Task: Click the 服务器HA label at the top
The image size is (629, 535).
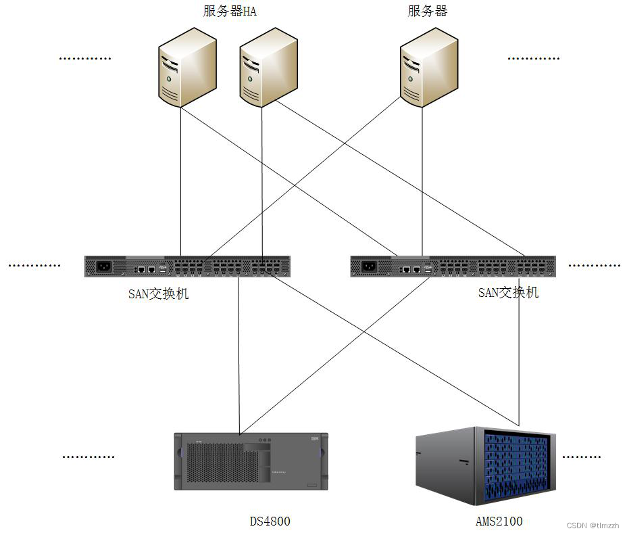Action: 230,11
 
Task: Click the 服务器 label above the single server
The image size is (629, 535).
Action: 428,11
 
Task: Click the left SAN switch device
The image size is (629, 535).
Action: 187,266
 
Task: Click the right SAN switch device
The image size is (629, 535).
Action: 453,266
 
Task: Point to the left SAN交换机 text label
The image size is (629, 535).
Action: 158,294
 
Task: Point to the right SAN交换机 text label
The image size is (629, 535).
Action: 508,292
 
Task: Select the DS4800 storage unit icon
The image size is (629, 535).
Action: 250,461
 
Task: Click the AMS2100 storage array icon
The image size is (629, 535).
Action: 484,467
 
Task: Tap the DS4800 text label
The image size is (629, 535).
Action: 270,521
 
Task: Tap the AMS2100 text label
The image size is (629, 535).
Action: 499,521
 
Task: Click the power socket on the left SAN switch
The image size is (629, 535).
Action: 103,266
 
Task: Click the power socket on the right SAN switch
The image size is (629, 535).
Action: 369,266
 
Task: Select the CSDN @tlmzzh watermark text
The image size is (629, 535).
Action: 592,525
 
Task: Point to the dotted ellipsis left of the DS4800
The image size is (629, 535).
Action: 89,457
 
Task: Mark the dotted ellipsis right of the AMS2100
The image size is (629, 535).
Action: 581,457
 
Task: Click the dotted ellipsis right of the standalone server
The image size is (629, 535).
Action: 534,59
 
